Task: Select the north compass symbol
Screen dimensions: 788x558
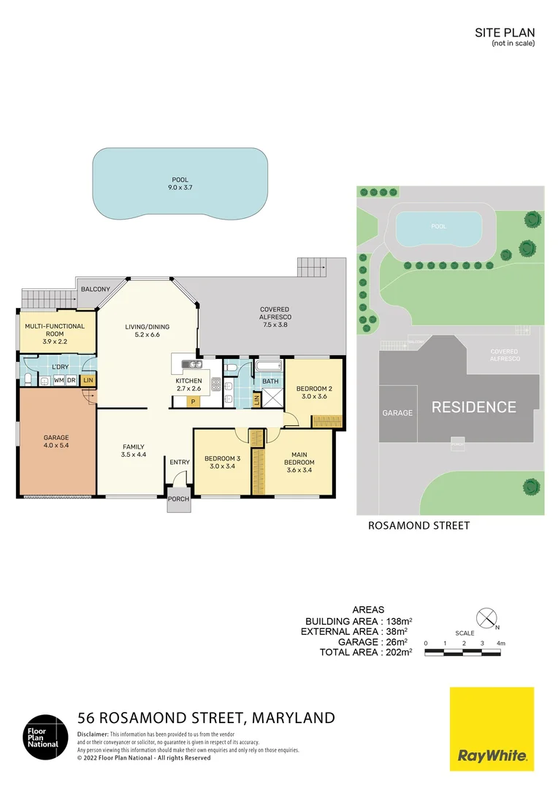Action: pyautogui.click(x=486, y=617)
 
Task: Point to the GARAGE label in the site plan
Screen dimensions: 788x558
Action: pyautogui.click(x=397, y=413)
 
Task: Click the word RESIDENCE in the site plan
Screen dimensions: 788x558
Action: pyautogui.click(x=473, y=407)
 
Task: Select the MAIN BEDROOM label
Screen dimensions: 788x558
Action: pyautogui.click(x=299, y=459)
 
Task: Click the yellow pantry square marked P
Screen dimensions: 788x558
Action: pyautogui.click(x=194, y=401)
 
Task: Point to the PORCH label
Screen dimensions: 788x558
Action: pyautogui.click(x=179, y=499)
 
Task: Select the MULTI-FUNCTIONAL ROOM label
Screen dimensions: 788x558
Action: pyautogui.click(x=55, y=330)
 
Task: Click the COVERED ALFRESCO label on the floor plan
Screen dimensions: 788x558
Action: pyautogui.click(x=274, y=314)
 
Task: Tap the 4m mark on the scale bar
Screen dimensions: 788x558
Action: pyautogui.click(x=500, y=643)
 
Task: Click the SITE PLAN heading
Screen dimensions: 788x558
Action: pyautogui.click(x=505, y=32)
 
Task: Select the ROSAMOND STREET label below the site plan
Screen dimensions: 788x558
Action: pyautogui.click(x=419, y=525)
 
